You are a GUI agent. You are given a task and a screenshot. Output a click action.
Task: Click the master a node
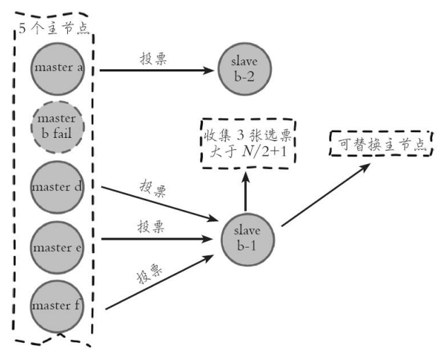57,69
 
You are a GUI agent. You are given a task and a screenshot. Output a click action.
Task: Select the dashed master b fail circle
57,127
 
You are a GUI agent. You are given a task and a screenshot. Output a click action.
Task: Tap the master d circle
57,187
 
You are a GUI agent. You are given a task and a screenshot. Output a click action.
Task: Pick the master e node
57,248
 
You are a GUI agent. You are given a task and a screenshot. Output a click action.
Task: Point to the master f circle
57,306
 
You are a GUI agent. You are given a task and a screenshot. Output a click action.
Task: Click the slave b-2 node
245,69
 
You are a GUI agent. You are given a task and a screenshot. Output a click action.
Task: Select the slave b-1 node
248,240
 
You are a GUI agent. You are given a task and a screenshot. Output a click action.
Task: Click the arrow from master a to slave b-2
156,70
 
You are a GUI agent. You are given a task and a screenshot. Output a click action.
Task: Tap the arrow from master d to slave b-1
159,204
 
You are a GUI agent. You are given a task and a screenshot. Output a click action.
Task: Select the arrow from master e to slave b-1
157,239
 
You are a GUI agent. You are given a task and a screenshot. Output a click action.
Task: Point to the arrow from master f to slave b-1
159,282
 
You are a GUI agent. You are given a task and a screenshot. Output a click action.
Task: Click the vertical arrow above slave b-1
245,191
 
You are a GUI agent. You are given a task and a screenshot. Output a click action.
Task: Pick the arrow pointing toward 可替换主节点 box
326,194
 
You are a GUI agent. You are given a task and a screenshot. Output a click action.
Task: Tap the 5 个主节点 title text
54,28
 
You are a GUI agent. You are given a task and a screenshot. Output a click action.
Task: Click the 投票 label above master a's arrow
154,59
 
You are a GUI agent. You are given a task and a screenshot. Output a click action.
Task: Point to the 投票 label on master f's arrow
149,274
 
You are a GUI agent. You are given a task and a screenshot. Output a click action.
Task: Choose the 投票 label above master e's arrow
151,227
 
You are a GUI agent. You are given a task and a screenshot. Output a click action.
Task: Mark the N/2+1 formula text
265,153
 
